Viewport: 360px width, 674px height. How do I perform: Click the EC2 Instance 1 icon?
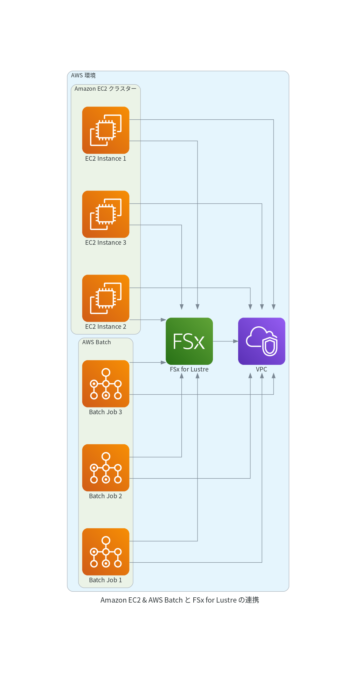[x=106, y=130]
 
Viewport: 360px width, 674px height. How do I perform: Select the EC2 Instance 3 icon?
[x=106, y=214]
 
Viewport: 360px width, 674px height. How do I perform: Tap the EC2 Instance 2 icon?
[x=106, y=298]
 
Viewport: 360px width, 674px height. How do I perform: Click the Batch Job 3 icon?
[x=106, y=384]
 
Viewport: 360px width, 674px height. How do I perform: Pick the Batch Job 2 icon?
[x=106, y=468]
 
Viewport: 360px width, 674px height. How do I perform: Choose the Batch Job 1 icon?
[x=106, y=552]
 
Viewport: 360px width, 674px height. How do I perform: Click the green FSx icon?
[x=189, y=341]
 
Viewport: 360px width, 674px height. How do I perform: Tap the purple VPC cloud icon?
[x=262, y=341]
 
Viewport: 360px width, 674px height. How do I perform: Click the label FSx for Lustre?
[x=189, y=369]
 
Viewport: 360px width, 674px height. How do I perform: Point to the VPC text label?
[x=262, y=369]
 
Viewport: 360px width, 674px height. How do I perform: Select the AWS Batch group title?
[x=97, y=342]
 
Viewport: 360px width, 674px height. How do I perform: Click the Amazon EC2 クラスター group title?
[x=105, y=89]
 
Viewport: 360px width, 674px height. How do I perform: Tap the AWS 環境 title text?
[x=83, y=75]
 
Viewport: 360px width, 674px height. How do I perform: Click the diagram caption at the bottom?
[x=180, y=600]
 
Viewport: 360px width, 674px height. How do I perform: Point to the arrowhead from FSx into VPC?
[x=236, y=341]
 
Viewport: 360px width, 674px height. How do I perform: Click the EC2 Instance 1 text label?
[x=106, y=159]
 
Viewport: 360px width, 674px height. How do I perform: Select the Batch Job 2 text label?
[x=106, y=496]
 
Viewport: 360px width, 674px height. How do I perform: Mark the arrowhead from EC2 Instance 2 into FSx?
[x=163, y=320]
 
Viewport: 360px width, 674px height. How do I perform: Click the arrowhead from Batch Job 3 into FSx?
[x=163, y=362]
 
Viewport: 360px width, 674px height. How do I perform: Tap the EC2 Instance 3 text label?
[x=106, y=243]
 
